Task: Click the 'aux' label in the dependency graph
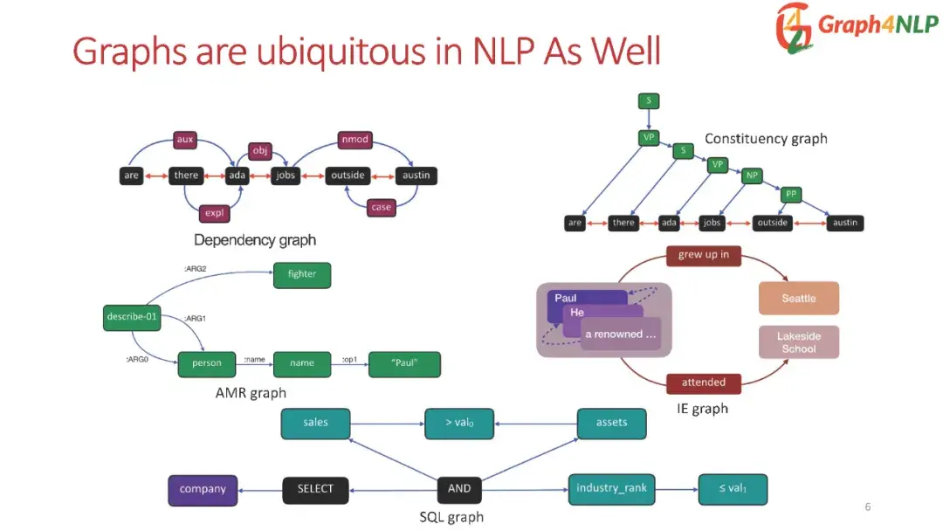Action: [184, 139]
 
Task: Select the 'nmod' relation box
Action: [355, 139]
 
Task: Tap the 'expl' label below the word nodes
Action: [214, 212]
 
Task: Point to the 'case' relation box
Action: [382, 207]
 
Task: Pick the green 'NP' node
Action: [752, 176]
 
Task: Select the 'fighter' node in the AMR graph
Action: [302, 274]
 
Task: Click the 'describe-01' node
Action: [132, 317]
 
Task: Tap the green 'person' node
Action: [207, 363]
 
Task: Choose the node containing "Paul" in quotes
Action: [404, 363]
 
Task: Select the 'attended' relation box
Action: [704, 383]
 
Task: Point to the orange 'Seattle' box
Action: [798, 298]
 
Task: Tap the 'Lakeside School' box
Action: [798, 342]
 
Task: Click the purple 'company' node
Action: [203, 489]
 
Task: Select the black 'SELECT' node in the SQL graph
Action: [315, 489]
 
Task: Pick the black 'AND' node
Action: [459, 489]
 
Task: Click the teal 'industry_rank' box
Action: [611, 488]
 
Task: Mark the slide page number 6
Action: [867, 507]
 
